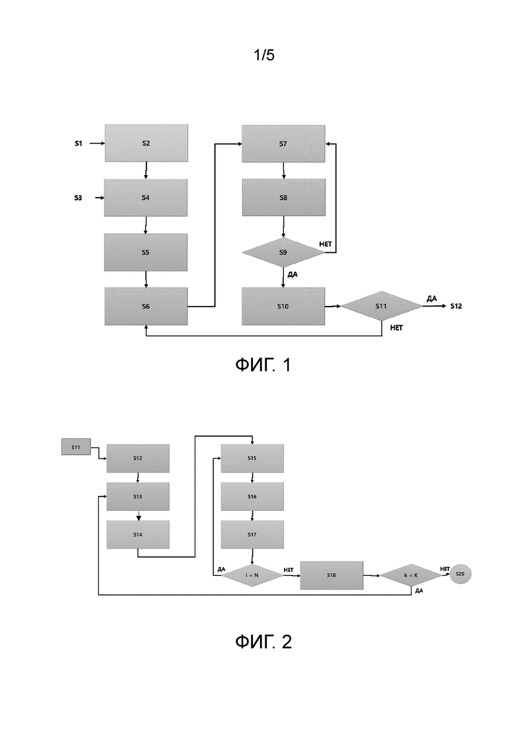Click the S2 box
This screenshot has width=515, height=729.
pyautogui.click(x=147, y=143)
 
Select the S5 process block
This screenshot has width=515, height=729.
pyautogui.click(x=146, y=252)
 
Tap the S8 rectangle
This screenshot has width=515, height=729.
pyautogui.click(x=283, y=198)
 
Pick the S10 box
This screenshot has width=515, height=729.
pyautogui.click(x=283, y=307)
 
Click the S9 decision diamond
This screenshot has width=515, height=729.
pyautogui.click(x=283, y=252)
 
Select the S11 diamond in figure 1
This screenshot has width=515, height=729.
pyautogui.click(x=381, y=306)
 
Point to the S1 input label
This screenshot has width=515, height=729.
pyautogui.click(x=79, y=143)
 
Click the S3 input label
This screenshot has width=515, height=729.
pyautogui.click(x=78, y=198)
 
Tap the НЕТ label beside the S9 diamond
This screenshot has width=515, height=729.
pyautogui.click(x=326, y=244)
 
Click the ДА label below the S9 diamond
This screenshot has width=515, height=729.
pyautogui.click(x=292, y=275)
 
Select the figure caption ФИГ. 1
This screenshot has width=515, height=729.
pyautogui.click(x=263, y=365)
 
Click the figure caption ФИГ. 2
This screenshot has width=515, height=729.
pyautogui.click(x=263, y=642)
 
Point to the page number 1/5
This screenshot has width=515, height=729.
pyautogui.click(x=263, y=55)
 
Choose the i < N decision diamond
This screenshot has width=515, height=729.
pyautogui.click(x=252, y=575)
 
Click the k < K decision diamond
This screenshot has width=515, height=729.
pyautogui.click(x=411, y=575)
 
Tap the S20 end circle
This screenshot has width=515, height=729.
pyautogui.click(x=460, y=574)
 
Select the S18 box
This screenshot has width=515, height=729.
pyautogui.click(x=331, y=575)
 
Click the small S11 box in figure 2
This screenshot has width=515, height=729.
pyautogui.click(x=76, y=447)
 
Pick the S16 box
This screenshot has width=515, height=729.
pyautogui.click(x=252, y=496)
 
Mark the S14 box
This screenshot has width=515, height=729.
pyautogui.click(x=138, y=535)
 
